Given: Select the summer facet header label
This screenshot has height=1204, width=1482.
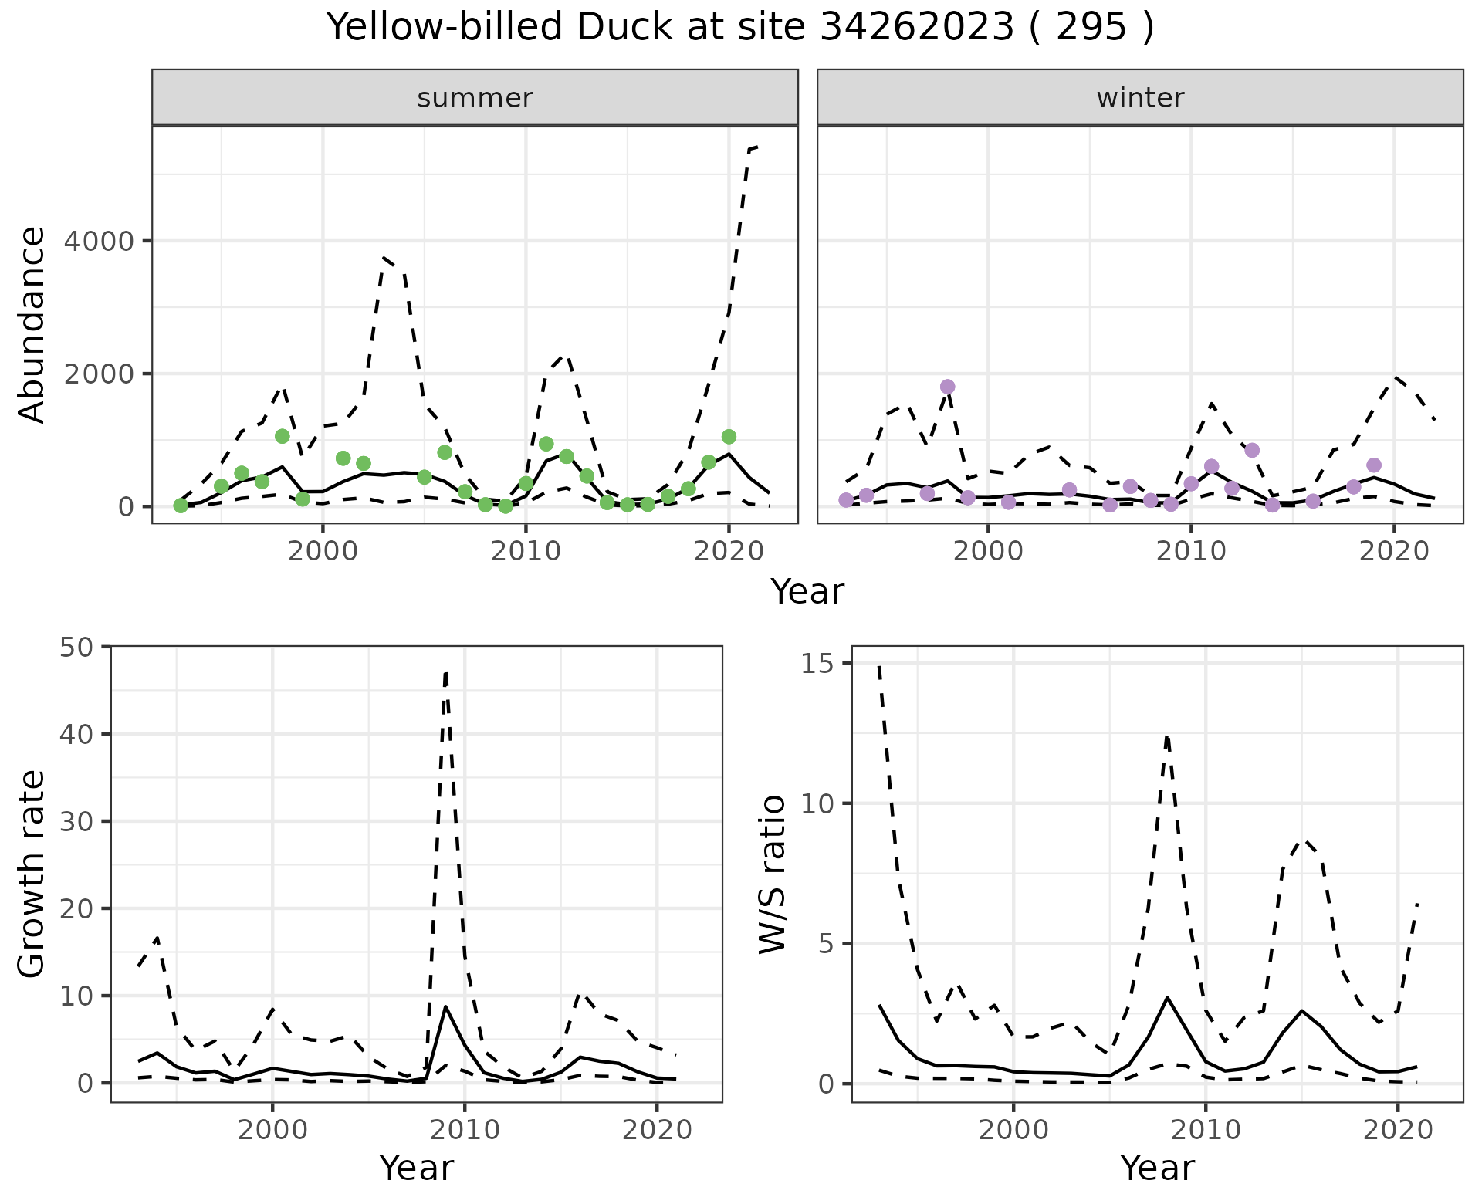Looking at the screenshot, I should pos(475,98).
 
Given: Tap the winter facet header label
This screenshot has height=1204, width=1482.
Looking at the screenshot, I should pos(1140,98).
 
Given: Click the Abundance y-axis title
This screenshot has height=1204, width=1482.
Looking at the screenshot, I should pos(32,324).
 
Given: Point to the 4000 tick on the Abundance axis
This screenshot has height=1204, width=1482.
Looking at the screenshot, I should pos(98,242).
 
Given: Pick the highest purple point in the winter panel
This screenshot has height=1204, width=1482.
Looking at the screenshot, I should pos(948,387).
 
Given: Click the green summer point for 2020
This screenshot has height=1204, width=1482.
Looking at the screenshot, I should pos(729,437).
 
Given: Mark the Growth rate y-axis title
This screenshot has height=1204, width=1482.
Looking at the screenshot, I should pos(32,874).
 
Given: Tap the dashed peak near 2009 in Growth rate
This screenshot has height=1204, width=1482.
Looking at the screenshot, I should pos(446,673).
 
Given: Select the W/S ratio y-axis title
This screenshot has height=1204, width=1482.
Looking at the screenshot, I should pos(773,874).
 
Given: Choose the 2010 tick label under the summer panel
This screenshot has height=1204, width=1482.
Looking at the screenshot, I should pos(526,551).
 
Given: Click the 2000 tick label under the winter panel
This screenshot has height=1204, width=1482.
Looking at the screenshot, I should pos(988,551).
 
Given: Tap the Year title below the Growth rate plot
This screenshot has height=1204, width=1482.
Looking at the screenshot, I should pos(416,1168).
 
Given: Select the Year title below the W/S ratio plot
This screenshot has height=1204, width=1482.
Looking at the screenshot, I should pos(1157,1168).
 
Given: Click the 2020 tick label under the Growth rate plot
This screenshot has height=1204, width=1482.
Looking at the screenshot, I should pos(657,1131).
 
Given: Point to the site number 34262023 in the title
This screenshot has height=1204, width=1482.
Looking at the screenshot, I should pos(916,28).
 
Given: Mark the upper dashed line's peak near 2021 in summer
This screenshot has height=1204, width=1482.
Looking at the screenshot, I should pos(755,147).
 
